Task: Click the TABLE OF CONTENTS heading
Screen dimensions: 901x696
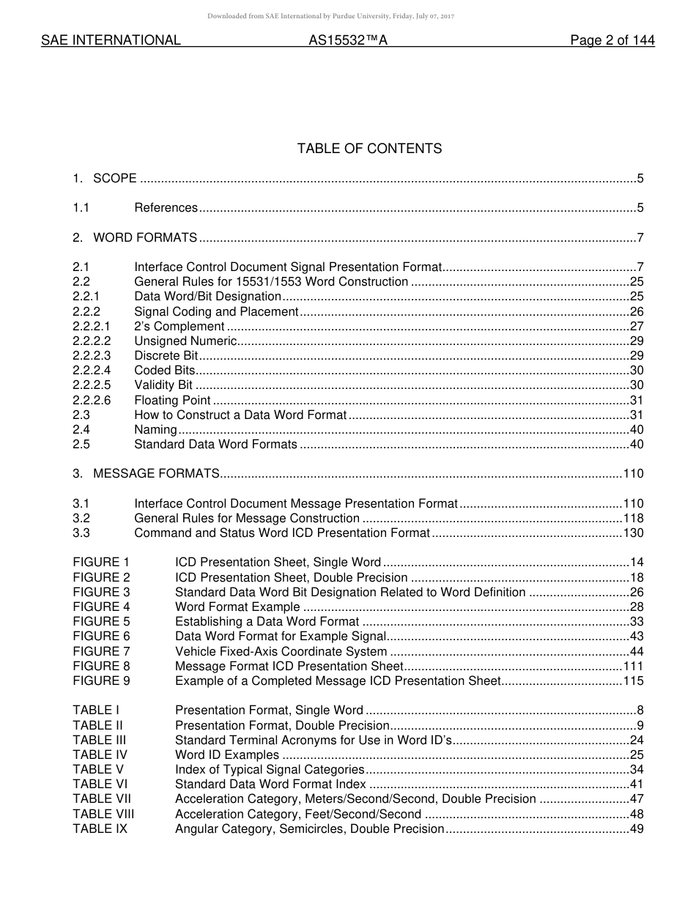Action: [369, 149]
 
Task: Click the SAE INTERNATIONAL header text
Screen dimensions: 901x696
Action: [111, 41]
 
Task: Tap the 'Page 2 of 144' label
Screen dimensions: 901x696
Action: [612, 41]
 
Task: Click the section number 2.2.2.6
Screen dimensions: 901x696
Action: [92, 400]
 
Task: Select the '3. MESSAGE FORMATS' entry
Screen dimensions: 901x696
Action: [146, 473]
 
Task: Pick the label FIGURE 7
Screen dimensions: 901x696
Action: [101, 651]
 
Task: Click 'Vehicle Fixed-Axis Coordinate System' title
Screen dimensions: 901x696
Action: [281, 651]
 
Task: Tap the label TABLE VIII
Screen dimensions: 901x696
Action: [103, 814]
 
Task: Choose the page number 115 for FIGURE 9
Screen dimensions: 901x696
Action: [633, 681]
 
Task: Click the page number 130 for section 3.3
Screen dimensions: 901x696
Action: [633, 533]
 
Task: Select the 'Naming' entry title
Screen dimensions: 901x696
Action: [155, 429]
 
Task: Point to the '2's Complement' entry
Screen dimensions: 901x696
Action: [179, 326]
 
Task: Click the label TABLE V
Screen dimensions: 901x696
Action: [98, 769]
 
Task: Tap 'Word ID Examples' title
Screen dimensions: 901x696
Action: [226, 754]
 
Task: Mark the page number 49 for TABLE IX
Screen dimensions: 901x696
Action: [636, 828]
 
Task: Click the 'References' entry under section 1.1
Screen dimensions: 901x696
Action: [166, 208]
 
